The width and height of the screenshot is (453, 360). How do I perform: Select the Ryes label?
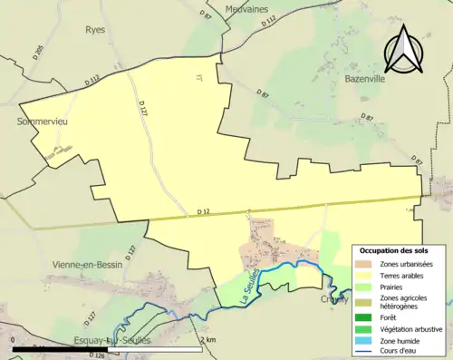[95, 29]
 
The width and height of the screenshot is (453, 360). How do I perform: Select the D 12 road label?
[204, 212]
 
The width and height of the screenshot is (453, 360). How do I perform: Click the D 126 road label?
[97, 355]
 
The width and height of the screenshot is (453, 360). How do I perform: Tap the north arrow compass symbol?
[403, 49]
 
